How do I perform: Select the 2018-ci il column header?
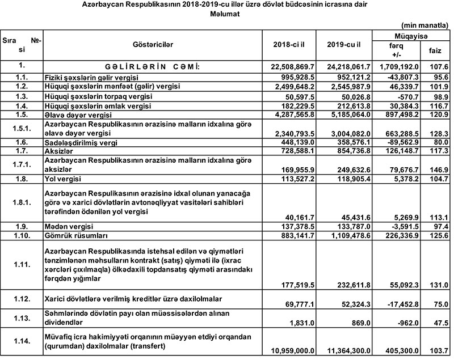(x=290, y=44)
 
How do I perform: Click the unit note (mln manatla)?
(x=426, y=26)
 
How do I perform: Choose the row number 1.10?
(x=22, y=234)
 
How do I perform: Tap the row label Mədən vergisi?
(x=67, y=226)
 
